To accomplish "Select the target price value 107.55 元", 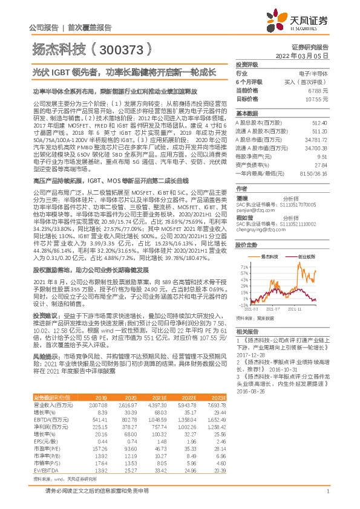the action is pyautogui.click(x=318, y=98).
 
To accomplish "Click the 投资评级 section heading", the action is pyautogui.click(x=246, y=63).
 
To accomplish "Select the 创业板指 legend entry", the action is pyautogui.click(x=306, y=256).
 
